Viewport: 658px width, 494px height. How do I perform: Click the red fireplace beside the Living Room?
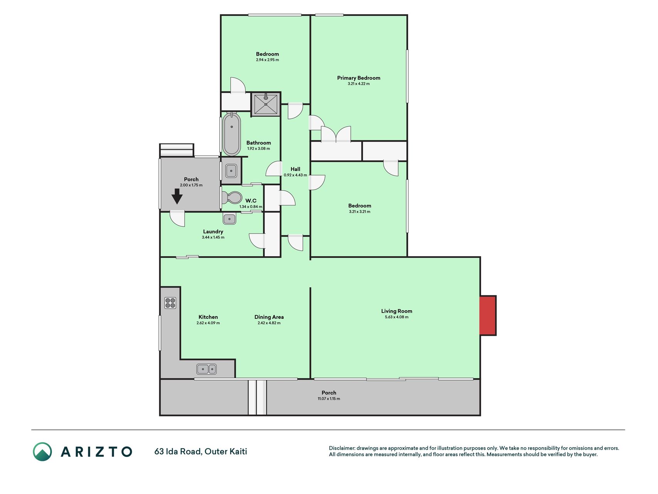(x=488, y=315)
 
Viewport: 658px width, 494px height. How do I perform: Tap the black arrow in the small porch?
(x=177, y=196)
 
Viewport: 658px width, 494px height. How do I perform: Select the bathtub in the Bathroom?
(x=231, y=134)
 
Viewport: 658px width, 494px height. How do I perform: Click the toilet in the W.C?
(x=231, y=198)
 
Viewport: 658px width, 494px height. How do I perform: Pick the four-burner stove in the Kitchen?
(x=170, y=303)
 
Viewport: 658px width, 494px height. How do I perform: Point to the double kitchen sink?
(x=207, y=369)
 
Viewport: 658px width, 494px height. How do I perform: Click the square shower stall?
(x=266, y=104)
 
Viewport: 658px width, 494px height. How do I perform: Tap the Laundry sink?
(x=229, y=219)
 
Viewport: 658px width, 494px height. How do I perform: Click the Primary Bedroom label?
(x=358, y=78)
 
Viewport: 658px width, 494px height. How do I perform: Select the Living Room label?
(x=397, y=311)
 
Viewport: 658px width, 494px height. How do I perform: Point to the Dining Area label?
(x=269, y=317)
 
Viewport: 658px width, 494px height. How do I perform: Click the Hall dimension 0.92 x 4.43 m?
(x=295, y=175)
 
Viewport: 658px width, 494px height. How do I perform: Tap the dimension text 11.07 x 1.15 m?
(x=329, y=399)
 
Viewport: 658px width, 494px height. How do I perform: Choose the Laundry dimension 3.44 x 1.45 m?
(x=213, y=237)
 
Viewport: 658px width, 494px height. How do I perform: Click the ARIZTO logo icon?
(x=42, y=452)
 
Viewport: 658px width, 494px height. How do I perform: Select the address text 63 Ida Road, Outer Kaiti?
(x=201, y=452)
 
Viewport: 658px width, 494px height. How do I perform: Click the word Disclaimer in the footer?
(x=342, y=448)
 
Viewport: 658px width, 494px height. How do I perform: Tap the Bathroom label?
(x=259, y=143)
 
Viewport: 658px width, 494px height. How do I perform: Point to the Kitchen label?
(x=208, y=317)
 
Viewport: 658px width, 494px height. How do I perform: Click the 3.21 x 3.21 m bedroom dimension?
(x=360, y=211)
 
